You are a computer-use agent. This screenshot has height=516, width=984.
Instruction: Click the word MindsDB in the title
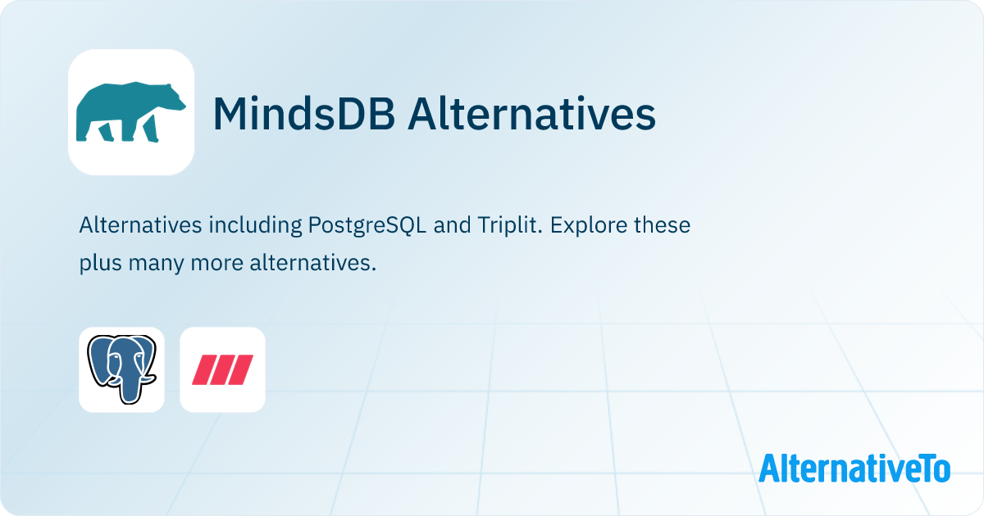[x=304, y=114]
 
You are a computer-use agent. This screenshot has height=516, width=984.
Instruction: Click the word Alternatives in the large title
[x=531, y=114]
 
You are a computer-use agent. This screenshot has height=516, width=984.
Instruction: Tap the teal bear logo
[x=131, y=112]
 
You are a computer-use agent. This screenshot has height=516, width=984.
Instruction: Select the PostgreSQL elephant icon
[x=121, y=369]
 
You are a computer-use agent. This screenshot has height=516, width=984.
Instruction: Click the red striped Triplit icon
[x=222, y=369]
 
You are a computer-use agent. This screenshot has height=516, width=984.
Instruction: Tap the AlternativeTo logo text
[x=854, y=468]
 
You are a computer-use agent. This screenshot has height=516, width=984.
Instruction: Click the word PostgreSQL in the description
[x=367, y=225]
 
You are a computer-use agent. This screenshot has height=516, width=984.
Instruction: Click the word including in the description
[x=255, y=225]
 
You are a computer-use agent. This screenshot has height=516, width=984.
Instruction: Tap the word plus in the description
[x=101, y=264]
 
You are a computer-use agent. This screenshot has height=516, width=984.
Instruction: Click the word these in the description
[x=662, y=224]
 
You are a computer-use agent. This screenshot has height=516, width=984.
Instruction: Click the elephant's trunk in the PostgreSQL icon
[x=130, y=386]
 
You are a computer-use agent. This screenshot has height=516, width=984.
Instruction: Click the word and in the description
[x=452, y=224]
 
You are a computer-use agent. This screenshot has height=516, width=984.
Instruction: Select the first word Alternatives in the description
[x=140, y=224]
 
